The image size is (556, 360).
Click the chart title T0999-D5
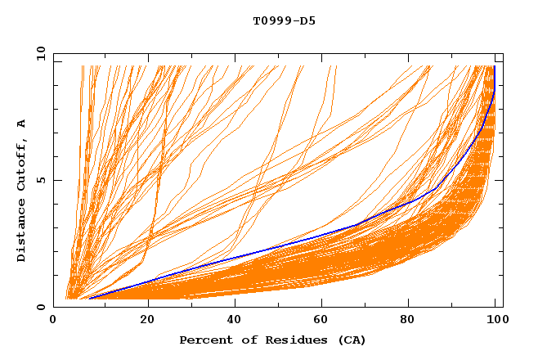tap(284, 20)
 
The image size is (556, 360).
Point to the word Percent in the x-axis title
tap(202, 340)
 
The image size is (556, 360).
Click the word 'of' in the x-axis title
tap(241, 340)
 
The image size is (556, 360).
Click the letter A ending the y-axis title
tap(21, 124)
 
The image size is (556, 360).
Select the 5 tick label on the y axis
tap(40, 180)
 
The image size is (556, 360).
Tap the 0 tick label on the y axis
tap(40, 307)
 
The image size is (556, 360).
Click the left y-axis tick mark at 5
tap(56, 180)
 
